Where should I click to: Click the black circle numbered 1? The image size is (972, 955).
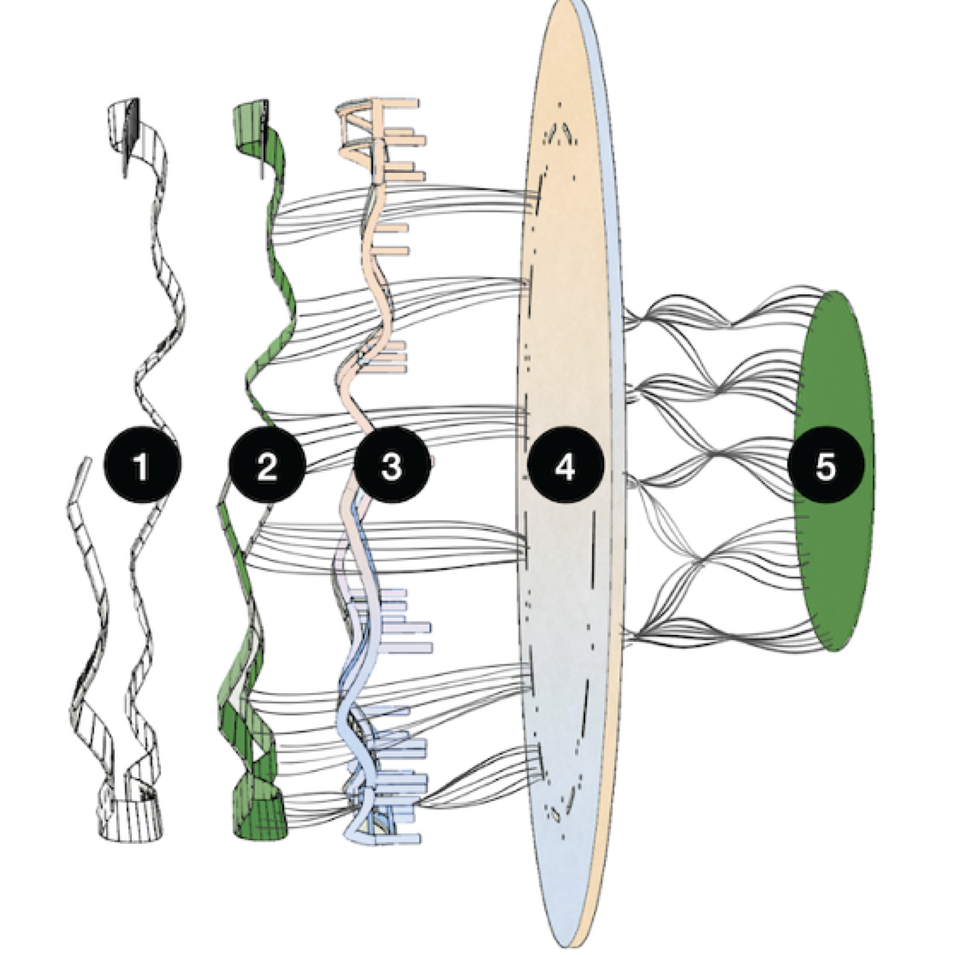click(x=141, y=466)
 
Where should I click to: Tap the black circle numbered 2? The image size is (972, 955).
click(x=266, y=466)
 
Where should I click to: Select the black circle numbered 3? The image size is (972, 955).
click(x=391, y=466)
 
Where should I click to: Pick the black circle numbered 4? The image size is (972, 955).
click(x=566, y=466)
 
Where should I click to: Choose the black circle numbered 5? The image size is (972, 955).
click(x=826, y=466)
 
